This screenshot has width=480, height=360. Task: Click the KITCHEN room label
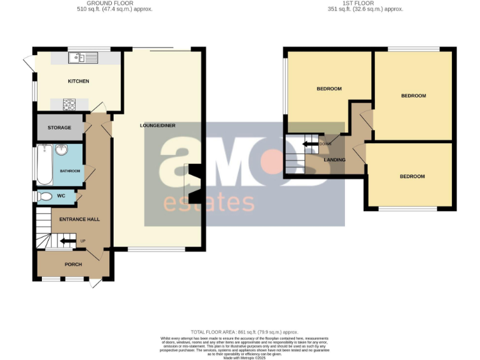(79, 81)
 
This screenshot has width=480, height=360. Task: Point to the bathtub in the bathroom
(44, 164)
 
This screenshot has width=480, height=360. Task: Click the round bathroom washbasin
(61, 150)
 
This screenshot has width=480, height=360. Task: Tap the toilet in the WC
(45, 196)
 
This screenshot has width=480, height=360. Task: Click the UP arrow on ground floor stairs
(68, 241)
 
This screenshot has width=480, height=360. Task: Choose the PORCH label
(73, 264)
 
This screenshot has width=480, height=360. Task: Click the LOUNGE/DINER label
(158, 126)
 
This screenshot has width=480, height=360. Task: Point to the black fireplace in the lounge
(195, 184)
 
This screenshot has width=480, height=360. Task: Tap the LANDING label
(334, 160)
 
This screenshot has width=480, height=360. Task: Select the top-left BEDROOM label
(329, 89)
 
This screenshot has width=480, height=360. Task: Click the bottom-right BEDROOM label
(412, 176)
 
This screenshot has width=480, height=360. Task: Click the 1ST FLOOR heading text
(366, 3)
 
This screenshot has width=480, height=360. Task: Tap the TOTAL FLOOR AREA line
(244, 332)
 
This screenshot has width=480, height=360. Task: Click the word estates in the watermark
(209, 203)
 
